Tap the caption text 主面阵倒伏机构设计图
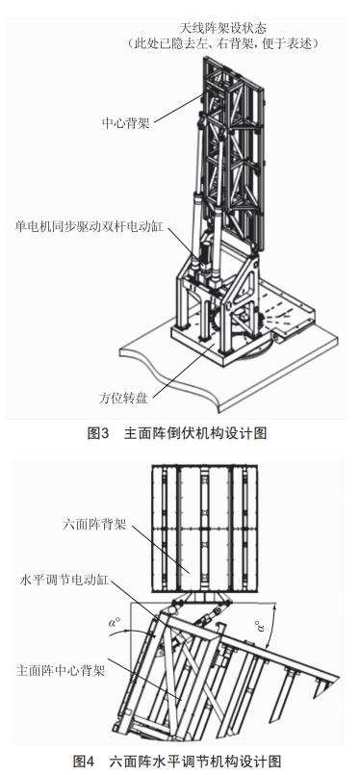click(x=195, y=433)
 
